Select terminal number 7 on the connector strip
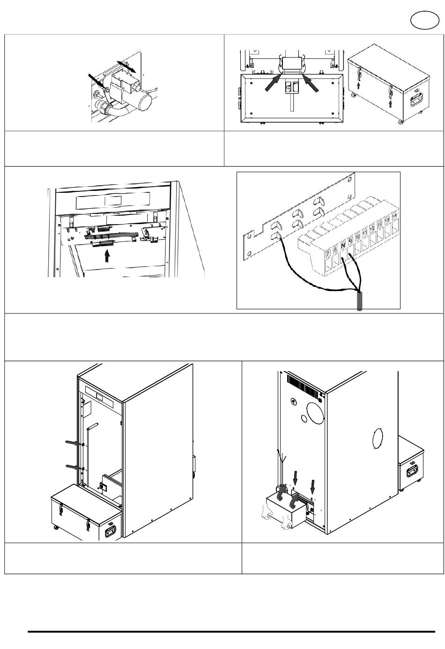coord(327,253)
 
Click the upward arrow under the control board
coord(108,255)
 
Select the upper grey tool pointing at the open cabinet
coord(72,443)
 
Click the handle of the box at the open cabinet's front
coord(111,531)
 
